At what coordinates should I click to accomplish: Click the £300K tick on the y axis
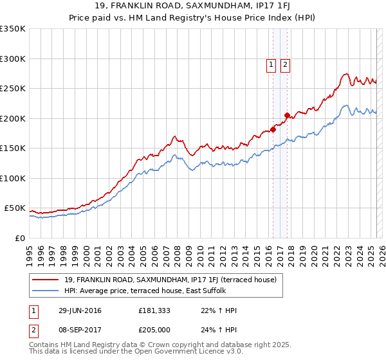[14, 59]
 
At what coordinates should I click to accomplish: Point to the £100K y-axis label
[14, 178]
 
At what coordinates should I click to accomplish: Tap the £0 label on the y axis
[19, 238]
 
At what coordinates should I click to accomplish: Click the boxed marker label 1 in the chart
[271, 64]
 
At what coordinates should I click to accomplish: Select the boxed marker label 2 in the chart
[284, 64]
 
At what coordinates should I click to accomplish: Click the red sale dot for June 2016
[273, 129]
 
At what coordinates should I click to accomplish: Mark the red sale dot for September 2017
[287, 116]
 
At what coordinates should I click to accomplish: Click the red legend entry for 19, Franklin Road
[170, 280]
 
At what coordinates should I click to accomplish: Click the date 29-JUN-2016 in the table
[80, 310]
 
